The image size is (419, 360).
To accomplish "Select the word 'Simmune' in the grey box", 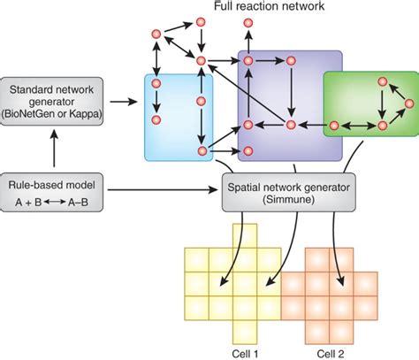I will (x=270, y=200).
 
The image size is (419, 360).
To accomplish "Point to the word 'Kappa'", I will (x=90, y=113).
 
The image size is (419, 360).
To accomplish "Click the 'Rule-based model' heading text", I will (x=54, y=184).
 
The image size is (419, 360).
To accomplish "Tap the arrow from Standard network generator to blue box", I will (x=125, y=102).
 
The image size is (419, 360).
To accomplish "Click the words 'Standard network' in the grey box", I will (x=54, y=88).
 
